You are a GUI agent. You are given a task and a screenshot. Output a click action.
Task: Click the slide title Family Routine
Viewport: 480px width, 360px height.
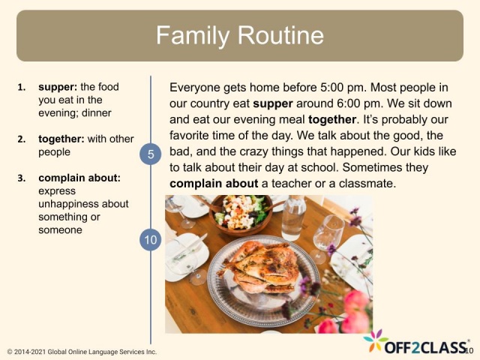click(x=239, y=35)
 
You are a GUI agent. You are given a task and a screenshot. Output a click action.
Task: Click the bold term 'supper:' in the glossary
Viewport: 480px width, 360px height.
click(x=58, y=87)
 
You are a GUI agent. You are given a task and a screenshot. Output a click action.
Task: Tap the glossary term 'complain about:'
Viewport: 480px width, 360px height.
click(x=79, y=178)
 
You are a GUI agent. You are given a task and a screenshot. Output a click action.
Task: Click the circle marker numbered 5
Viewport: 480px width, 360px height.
click(x=151, y=154)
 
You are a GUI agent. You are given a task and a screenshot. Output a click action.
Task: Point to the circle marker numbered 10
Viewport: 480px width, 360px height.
click(x=151, y=240)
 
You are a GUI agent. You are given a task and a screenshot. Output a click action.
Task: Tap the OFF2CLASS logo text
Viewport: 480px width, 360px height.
click(x=426, y=346)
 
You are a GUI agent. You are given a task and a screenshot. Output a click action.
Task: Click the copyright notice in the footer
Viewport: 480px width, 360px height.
click(x=81, y=352)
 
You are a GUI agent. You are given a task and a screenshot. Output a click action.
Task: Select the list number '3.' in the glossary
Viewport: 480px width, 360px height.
click(x=22, y=178)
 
